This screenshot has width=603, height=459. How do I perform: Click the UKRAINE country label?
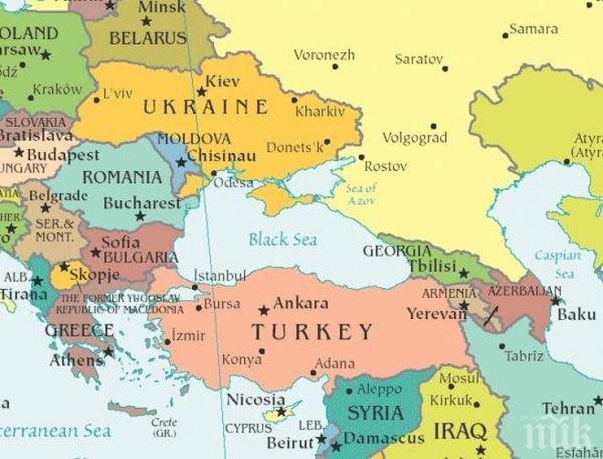206,107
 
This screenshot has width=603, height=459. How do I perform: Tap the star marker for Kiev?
202,91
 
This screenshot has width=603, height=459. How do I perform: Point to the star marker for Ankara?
264,311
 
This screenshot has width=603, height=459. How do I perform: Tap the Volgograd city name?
416,139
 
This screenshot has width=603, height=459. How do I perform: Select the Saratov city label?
418,59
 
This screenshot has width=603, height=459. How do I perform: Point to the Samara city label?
533,28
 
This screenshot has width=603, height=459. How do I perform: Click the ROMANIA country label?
128,176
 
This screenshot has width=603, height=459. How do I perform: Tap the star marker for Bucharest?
140,217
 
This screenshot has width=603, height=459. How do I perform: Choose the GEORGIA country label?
397,251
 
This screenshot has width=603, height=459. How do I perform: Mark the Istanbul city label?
220,275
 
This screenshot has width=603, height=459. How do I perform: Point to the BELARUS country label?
147,38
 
